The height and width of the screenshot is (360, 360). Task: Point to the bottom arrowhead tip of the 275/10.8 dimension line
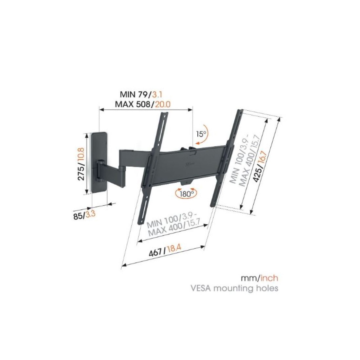pyautogui.click(x=86, y=193)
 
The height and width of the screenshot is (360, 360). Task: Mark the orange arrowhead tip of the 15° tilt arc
pyautogui.click(x=195, y=144)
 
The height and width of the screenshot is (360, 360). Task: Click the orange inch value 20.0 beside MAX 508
pyautogui.click(x=163, y=104)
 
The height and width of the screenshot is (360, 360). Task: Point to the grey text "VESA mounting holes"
pyautogui.click(x=235, y=288)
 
